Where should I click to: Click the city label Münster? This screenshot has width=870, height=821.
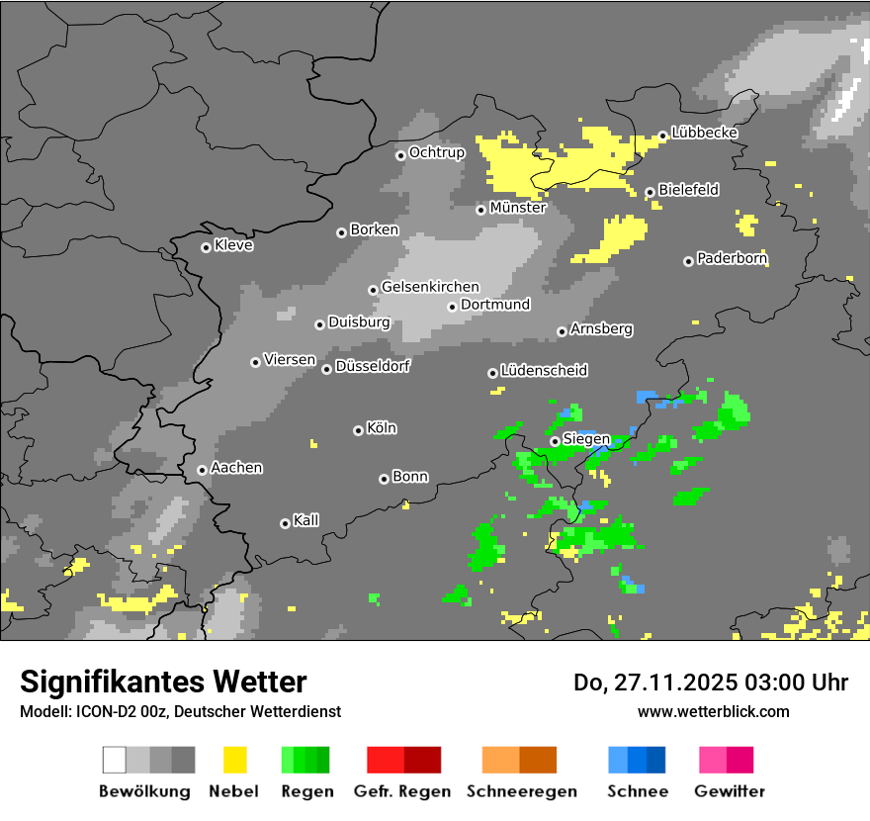click(x=517, y=208)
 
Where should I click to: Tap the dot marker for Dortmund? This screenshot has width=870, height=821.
click(x=452, y=307)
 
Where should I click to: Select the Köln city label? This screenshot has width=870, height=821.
click(x=382, y=428)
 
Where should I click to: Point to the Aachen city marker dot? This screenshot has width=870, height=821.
click(x=202, y=470)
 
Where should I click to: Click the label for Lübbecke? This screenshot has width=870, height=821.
click(x=704, y=133)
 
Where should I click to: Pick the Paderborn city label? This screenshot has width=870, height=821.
click(x=732, y=259)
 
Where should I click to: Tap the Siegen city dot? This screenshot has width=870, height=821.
click(x=555, y=441)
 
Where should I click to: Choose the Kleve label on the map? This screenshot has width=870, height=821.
click(x=233, y=245)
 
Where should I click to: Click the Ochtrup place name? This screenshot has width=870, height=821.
click(x=436, y=152)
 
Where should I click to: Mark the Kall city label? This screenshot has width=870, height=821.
click(x=305, y=520)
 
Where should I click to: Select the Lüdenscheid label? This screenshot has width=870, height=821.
click(x=544, y=371)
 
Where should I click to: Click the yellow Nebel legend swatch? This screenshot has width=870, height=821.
click(x=234, y=760)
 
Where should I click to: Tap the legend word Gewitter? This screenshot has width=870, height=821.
click(x=729, y=791)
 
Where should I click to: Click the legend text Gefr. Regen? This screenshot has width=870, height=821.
click(x=402, y=791)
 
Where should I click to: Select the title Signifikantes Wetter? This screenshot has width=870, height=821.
click(x=163, y=683)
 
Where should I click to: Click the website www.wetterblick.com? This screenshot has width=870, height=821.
click(x=713, y=711)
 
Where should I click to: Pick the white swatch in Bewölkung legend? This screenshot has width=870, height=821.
click(x=115, y=760)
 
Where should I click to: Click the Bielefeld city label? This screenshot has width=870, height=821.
click(x=688, y=190)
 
